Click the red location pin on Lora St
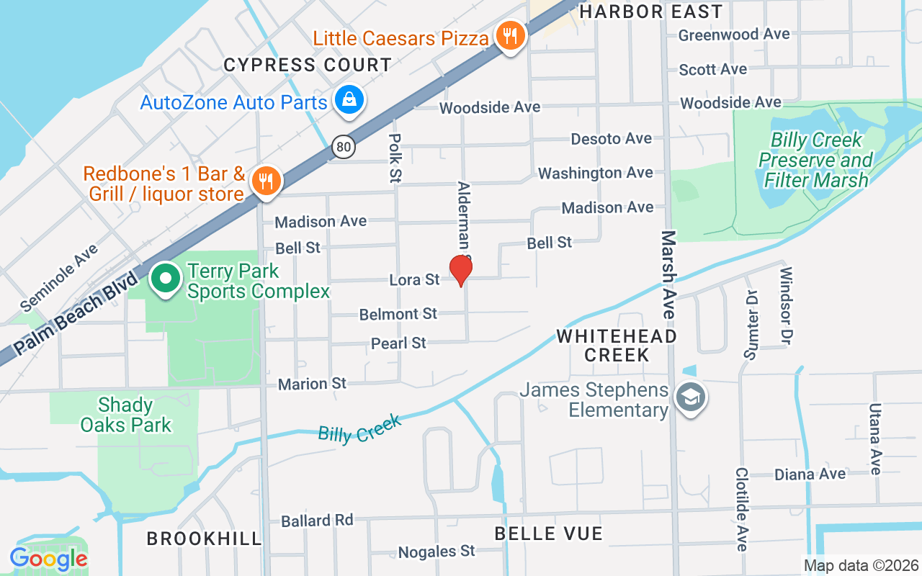(461, 270)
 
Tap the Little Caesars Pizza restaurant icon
(510, 34)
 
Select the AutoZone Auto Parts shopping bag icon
(349, 99)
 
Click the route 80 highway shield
(344, 148)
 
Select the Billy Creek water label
(359, 429)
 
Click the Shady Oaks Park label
(126, 415)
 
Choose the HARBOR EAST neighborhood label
(650, 12)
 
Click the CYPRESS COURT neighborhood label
(308, 65)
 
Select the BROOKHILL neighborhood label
(205, 539)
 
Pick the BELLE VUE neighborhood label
(548, 534)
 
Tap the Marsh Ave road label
(669, 275)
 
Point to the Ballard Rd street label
(317, 520)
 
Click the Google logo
(49, 559)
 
